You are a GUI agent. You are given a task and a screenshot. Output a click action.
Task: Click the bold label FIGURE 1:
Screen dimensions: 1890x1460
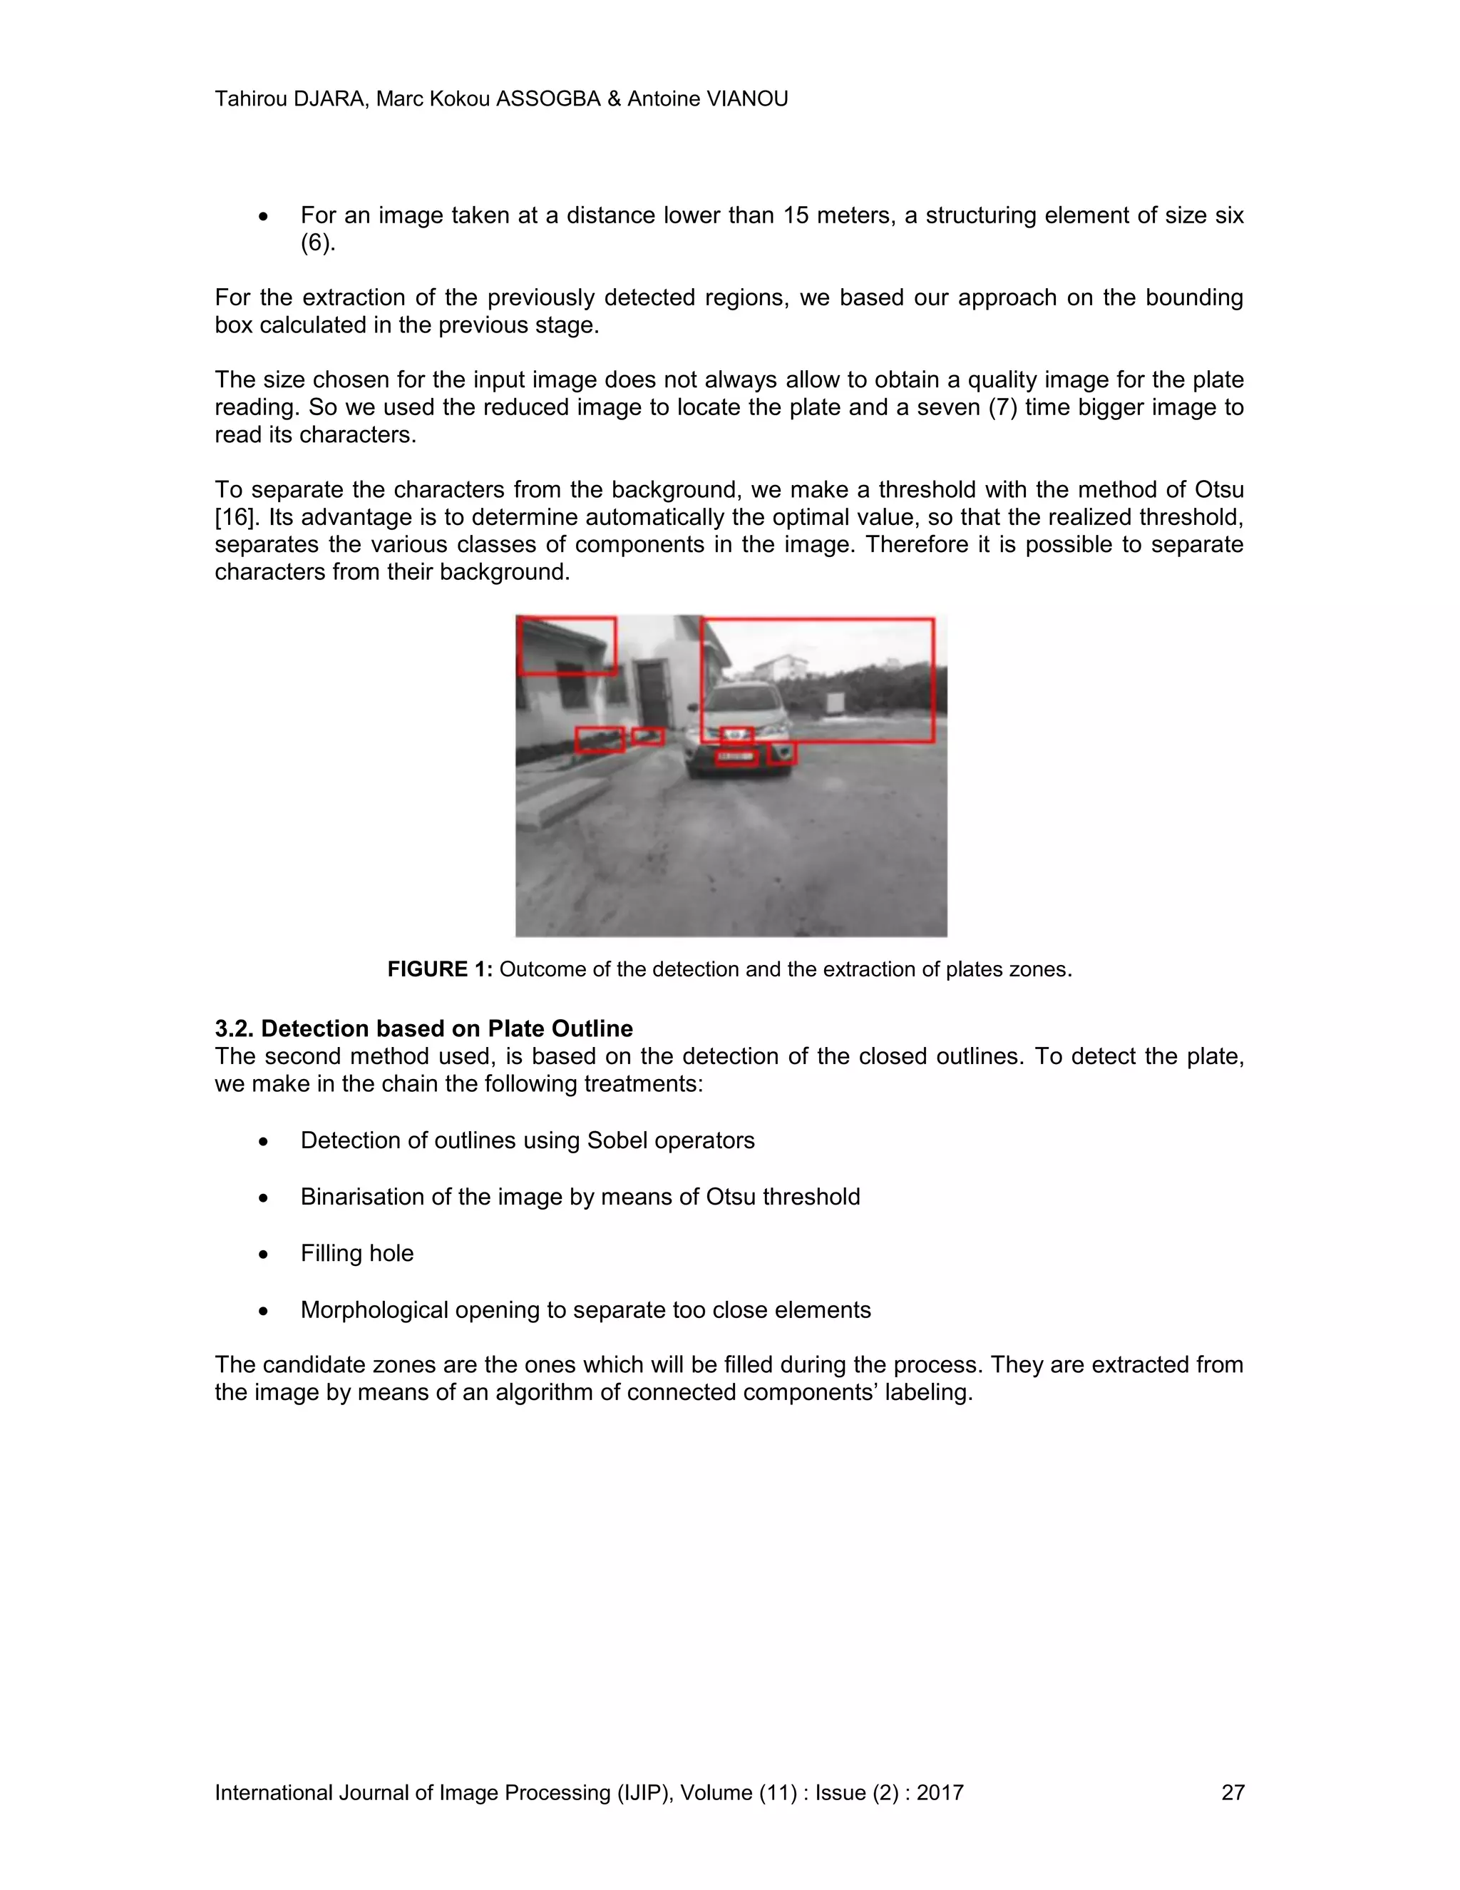(439, 969)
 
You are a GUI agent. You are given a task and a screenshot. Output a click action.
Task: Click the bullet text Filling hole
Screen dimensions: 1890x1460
(356, 1253)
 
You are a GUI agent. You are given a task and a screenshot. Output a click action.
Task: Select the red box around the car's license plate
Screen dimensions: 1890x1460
(736, 758)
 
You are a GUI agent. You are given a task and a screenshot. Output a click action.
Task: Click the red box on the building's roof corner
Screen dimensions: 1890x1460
(567, 645)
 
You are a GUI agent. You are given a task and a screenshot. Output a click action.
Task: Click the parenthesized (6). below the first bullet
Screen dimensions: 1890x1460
(317, 243)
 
